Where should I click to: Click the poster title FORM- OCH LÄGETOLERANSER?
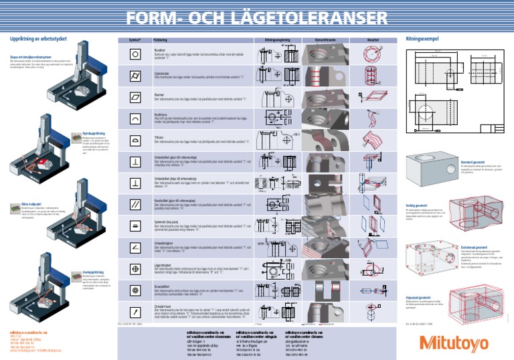pos(257,16)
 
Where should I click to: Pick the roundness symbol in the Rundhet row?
pos(135,54)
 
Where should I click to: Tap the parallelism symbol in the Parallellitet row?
pos(135,204)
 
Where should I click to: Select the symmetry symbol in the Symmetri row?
pos(135,226)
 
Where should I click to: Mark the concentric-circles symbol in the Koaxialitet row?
pos(135,290)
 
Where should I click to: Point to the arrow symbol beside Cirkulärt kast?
pos(135,311)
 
